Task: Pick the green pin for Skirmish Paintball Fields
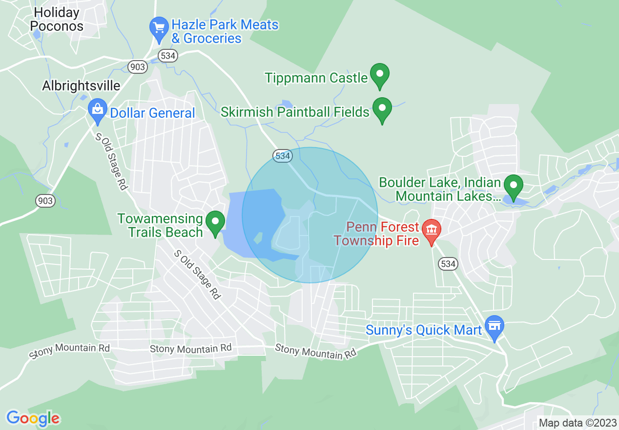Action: pyautogui.click(x=382, y=109)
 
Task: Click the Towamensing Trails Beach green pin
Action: pyautogui.click(x=215, y=223)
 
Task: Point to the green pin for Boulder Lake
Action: pyautogui.click(x=513, y=187)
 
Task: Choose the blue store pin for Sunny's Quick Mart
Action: pyautogui.click(x=495, y=326)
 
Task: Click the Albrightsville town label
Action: pyautogui.click(x=81, y=86)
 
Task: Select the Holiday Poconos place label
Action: pyautogui.click(x=57, y=19)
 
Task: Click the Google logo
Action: pyautogui.click(x=33, y=418)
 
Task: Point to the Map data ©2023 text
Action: pyautogui.click(x=577, y=423)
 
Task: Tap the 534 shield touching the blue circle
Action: pyautogui.click(x=283, y=156)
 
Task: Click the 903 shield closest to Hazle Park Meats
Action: pyautogui.click(x=138, y=66)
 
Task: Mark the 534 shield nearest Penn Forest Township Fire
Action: pyautogui.click(x=448, y=264)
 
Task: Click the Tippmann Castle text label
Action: pyautogui.click(x=316, y=78)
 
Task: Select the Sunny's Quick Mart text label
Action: pyautogui.click(x=424, y=330)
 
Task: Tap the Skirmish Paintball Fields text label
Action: pyautogui.click(x=295, y=112)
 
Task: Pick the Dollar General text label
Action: pyautogui.click(x=152, y=113)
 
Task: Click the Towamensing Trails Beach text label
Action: pyautogui.click(x=160, y=225)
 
